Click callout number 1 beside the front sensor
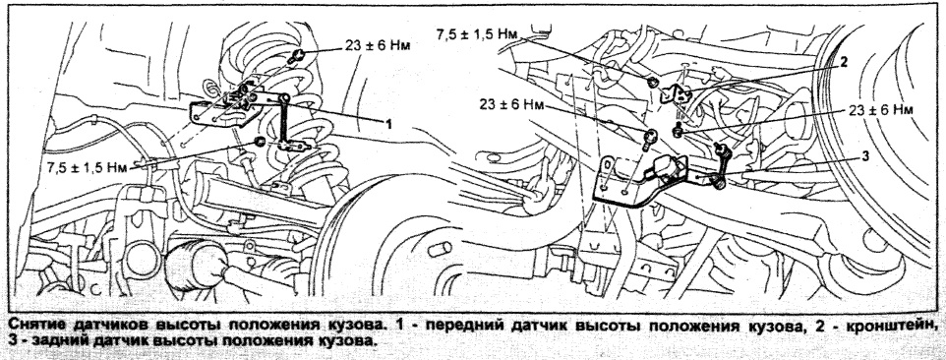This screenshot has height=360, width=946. pyautogui.click(x=389, y=124)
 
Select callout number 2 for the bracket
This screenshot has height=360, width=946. pyautogui.click(x=844, y=62)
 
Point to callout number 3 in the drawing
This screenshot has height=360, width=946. pyautogui.click(x=865, y=156)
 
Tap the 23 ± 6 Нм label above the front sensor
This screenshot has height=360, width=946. pyautogui.click(x=378, y=46)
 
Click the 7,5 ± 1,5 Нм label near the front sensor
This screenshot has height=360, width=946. pyautogui.click(x=88, y=167)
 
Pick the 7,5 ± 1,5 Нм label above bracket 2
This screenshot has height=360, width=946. pyautogui.click(x=477, y=33)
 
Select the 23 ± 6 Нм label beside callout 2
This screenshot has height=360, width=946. pyautogui.click(x=879, y=110)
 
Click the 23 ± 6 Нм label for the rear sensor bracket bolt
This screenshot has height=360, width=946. pyautogui.click(x=512, y=104)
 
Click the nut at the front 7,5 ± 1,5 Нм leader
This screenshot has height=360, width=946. pyautogui.click(x=260, y=142)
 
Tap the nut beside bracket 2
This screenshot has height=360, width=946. pyautogui.click(x=652, y=82)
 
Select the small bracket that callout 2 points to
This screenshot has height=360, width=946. pyautogui.click(x=676, y=94)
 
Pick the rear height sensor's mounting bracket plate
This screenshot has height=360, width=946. pyautogui.click(x=621, y=182)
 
